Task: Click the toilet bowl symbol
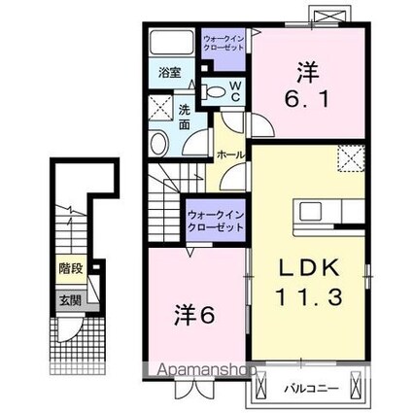tap(217, 91)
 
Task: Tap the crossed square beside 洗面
tap(160, 109)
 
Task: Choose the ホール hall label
tap(229, 155)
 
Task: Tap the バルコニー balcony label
tap(310, 390)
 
